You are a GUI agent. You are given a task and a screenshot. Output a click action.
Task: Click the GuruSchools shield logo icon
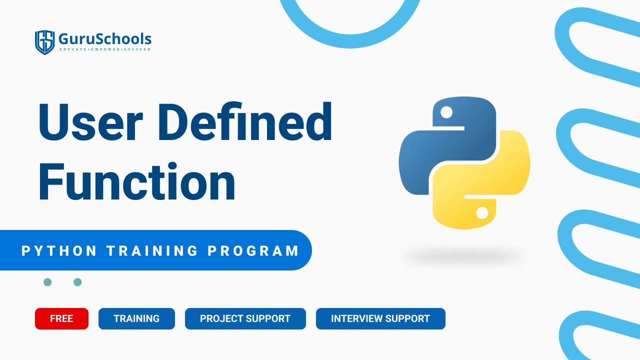pyautogui.click(x=44, y=42)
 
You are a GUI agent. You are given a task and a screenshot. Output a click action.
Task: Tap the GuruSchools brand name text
pyautogui.click(x=104, y=38)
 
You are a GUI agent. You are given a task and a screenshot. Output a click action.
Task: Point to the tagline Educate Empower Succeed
pyautogui.click(x=104, y=49)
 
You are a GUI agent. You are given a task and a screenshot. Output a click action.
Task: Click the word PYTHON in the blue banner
pyautogui.click(x=59, y=250)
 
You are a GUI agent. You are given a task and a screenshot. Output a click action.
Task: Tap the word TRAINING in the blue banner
pyautogui.click(x=152, y=250)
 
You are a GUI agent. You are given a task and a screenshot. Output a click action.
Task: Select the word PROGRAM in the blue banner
pyautogui.click(x=253, y=250)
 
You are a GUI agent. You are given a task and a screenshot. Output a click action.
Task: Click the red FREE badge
pyautogui.click(x=61, y=318)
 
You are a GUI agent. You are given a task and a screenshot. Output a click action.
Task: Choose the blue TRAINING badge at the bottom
pyautogui.click(x=136, y=318)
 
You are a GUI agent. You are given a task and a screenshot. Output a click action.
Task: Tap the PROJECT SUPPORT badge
pyautogui.click(x=245, y=318)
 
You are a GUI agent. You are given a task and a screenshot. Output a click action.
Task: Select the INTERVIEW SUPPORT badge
pyautogui.click(x=380, y=318)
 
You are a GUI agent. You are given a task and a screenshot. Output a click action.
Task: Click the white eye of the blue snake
pyautogui.click(x=446, y=112)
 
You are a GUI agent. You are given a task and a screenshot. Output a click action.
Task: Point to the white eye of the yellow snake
pyautogui.click(x=482, y=213)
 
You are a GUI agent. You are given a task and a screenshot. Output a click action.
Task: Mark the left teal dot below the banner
pyautogui.click(x=47, y=282)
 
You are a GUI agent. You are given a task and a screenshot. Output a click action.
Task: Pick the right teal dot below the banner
pyautogui.click(x=77, y=282)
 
